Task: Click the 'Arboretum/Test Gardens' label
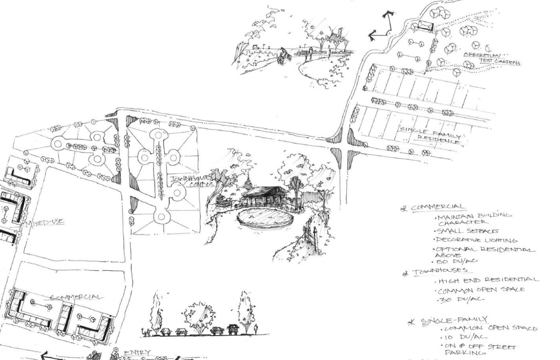(x=491, y=58)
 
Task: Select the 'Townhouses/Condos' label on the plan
(x=191, y=182)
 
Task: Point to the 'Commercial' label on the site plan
(x=76, y=297)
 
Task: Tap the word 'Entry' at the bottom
(x=137, y=352)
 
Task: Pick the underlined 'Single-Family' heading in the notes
(x=454, y=320)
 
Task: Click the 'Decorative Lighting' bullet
(x=476, y=240)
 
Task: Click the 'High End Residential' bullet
(x=488, y=280)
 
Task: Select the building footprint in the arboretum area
(x=424, y=26)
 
